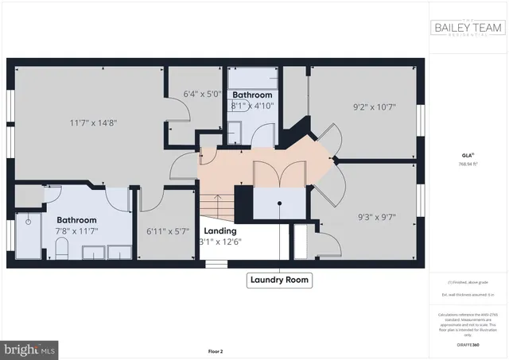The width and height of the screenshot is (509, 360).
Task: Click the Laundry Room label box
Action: [x=278, y=280]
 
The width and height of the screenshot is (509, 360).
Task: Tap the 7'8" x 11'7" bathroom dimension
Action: [x=77, y=230]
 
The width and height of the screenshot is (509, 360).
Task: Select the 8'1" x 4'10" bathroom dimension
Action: [x=252, y=105]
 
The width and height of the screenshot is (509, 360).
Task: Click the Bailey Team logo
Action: [x=468, y=29]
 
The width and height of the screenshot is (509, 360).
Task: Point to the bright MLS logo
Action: [x=30, y=348]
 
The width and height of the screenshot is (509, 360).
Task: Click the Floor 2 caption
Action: [x=216, y=350]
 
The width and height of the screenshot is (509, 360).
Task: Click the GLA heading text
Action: [x=467, y=155]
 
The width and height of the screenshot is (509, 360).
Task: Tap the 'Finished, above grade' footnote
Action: [x=468, y=283]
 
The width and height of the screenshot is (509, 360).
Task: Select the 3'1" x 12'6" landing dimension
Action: [x=219, y=242]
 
